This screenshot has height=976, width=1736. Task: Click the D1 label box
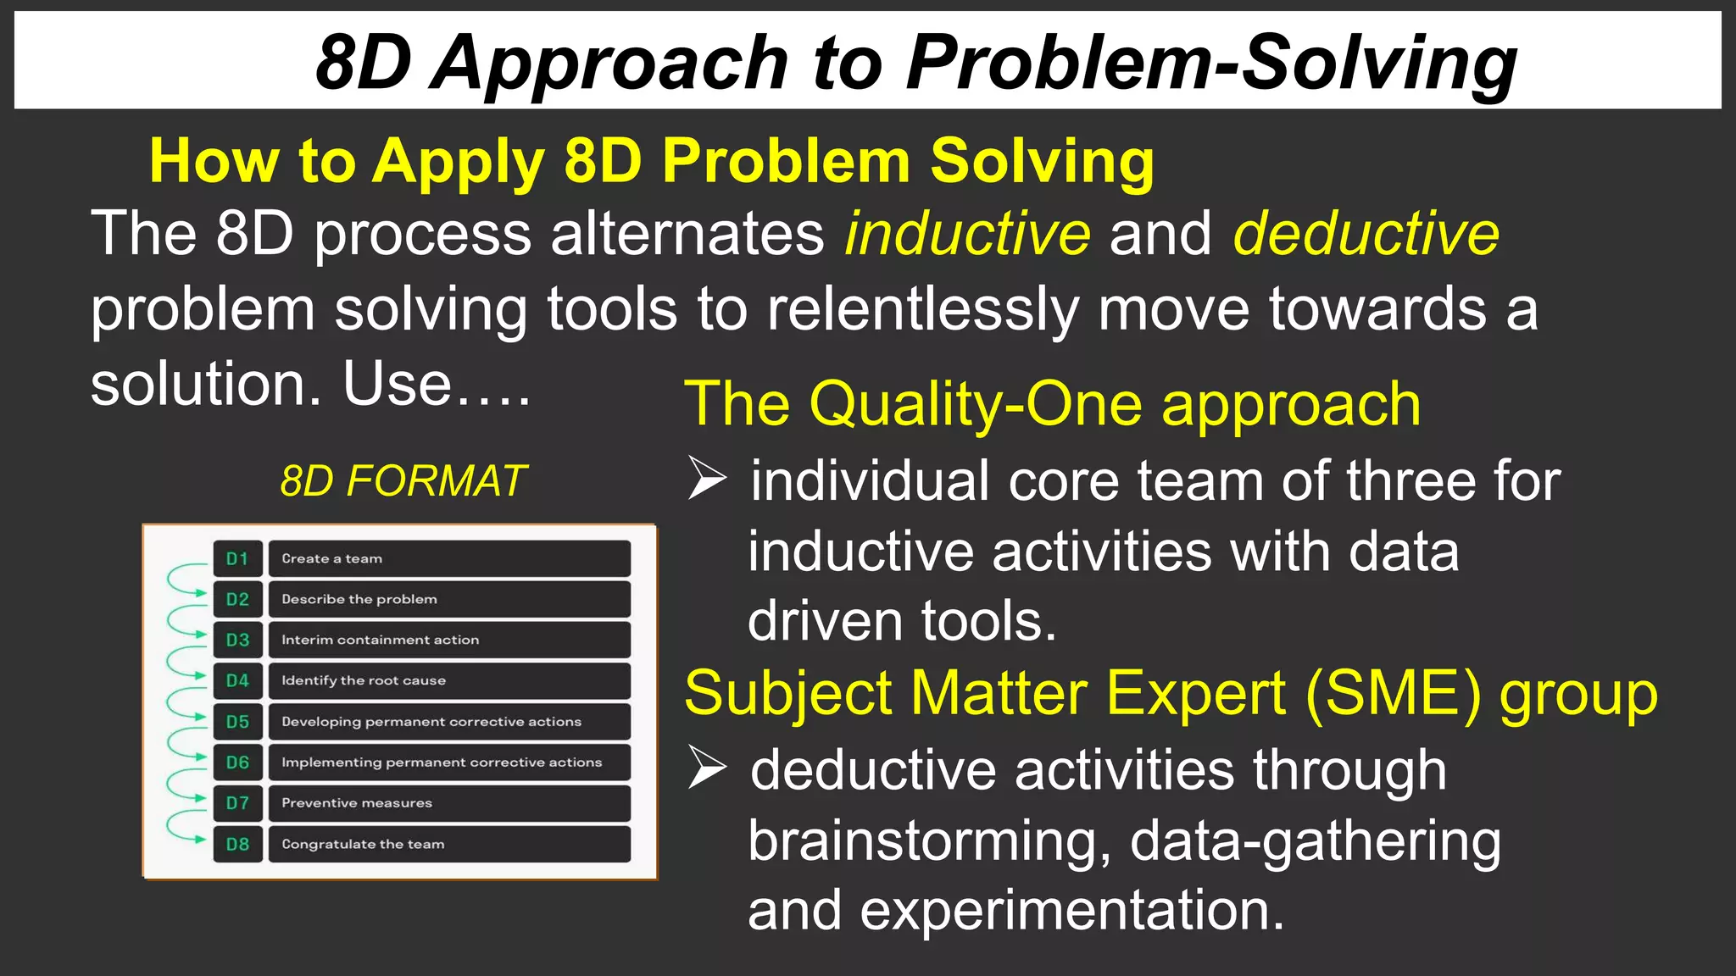237,559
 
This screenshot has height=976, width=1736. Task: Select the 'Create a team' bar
449,559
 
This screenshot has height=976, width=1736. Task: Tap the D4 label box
237,681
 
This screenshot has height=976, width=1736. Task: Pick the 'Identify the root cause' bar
449,681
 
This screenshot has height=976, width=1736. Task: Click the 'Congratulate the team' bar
449,845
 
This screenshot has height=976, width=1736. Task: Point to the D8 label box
237,845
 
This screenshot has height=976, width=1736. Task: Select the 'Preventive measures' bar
449,803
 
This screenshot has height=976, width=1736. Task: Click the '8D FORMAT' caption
403,481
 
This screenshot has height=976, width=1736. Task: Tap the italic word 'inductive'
967,234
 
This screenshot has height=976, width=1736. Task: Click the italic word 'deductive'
1366,234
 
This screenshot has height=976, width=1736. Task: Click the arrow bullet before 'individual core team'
707,479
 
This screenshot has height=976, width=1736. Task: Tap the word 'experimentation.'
1072,911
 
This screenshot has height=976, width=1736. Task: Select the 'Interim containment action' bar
449,640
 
